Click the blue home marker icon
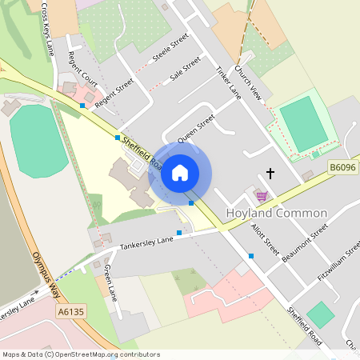[x=180, y=173]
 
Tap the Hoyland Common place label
[x=277, y=214]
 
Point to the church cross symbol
[x=270, y=173]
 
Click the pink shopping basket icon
[x=260, y=194]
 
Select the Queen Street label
[x=197, y=127]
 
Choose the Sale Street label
[x=186, y=70]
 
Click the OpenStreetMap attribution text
[x=81, y=354]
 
